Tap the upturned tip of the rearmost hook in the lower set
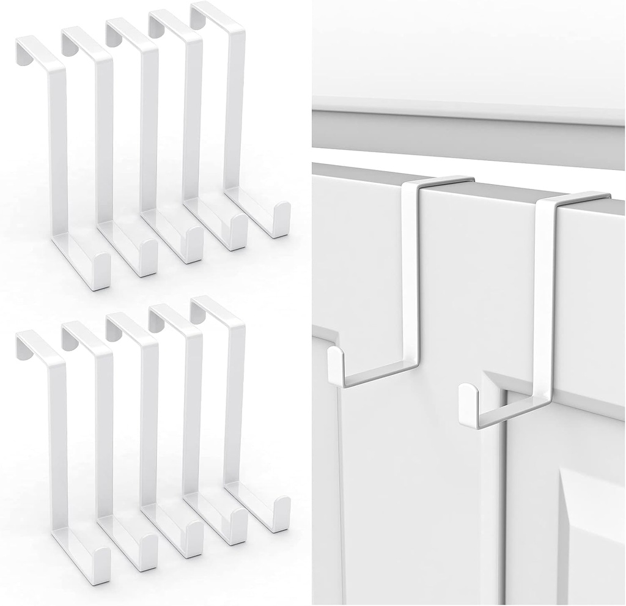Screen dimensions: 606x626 click(281, 514)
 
